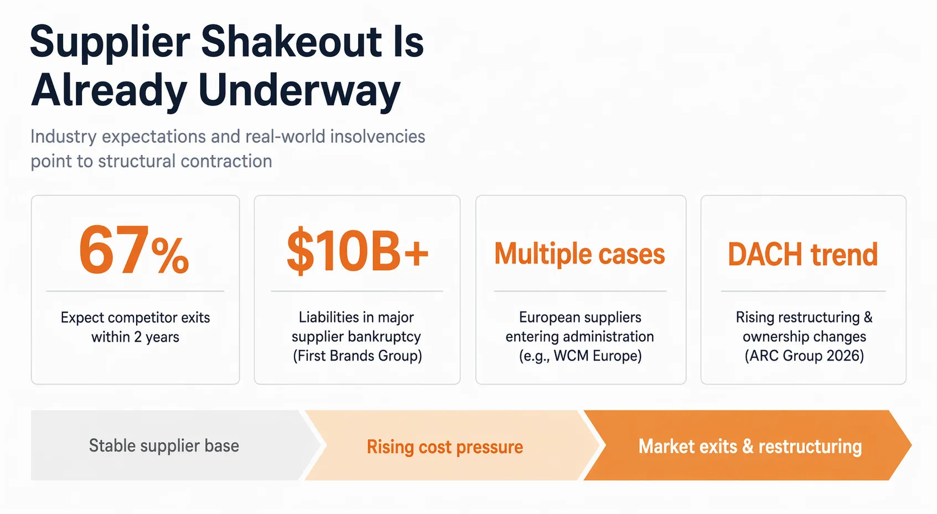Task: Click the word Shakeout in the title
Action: point(292,42)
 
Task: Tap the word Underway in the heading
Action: point(299,91)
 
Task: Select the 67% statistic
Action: point(134,250)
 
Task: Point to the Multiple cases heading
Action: point(580,255)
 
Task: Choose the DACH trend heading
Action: point(803,255)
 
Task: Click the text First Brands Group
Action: point(357,356)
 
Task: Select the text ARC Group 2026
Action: point(804,356)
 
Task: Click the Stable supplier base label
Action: point(164,446)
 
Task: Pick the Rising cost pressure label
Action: point(444,447)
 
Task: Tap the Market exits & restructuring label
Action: point(750,446)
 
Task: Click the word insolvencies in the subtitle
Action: point(377,136)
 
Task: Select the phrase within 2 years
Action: point(135,336)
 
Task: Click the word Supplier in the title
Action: point(111,43)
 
